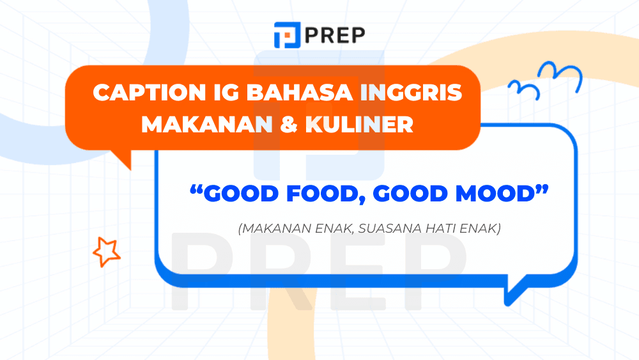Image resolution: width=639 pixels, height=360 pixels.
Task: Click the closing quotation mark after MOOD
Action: (x=543, y=190)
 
